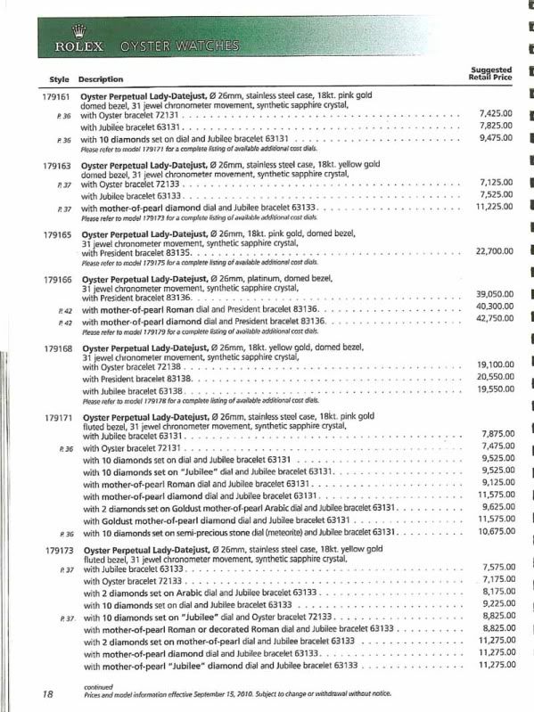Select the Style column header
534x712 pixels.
tap(59, 79)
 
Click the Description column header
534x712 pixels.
tap(100, 79)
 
